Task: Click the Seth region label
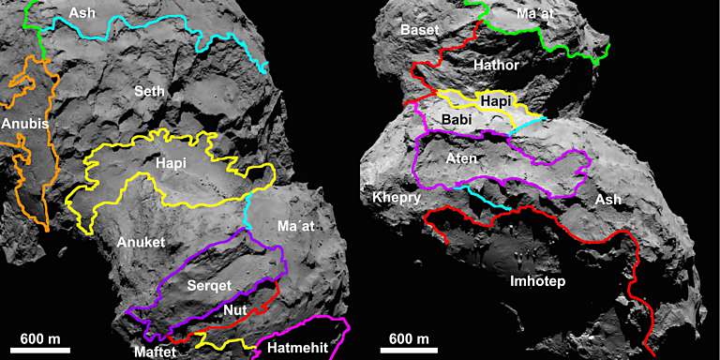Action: point(151,91)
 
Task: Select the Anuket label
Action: point(141,242)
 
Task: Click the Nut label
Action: point(236,309)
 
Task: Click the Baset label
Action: point(419,30)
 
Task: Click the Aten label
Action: point(461,159)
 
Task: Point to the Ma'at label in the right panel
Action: point(538,13)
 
